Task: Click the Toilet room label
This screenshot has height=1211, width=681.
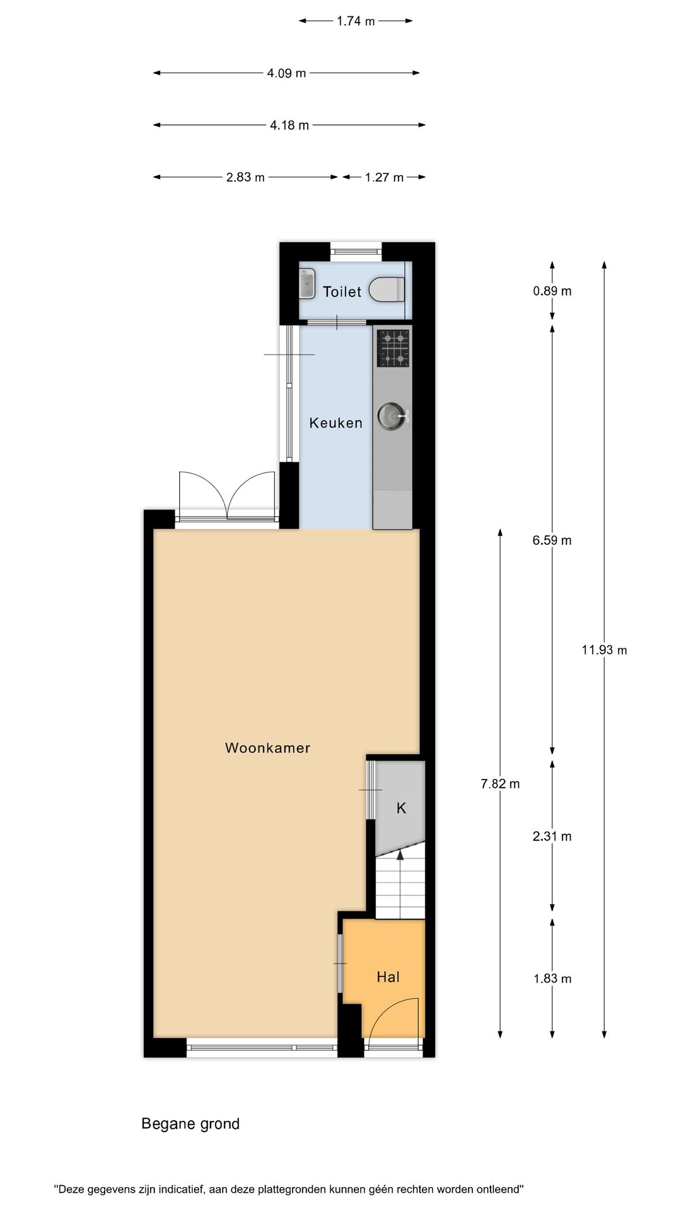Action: pos(342,291)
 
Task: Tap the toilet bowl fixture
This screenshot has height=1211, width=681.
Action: pos(387,290)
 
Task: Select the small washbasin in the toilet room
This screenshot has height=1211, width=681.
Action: pos(307,283)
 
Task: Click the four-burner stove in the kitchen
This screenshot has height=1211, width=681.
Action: pos(393,349)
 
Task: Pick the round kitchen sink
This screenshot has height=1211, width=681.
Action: pos(391,415)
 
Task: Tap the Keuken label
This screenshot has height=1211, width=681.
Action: pos(336,423)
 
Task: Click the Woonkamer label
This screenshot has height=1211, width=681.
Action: pos(268,747)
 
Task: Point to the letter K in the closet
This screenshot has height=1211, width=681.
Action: pos(401,808)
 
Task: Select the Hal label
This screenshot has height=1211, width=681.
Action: pos(388,977)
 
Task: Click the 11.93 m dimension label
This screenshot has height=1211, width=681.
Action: pos(604,650)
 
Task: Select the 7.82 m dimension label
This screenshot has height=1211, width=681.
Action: pos(500,784)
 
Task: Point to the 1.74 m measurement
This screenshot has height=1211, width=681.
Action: pos(356,21)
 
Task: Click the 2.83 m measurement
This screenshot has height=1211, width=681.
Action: pos(245,177)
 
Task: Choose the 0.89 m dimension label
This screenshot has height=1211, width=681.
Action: pos(552,291)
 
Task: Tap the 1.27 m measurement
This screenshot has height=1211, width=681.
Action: pos(384,177)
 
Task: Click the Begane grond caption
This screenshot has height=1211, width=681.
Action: pos(190,1123)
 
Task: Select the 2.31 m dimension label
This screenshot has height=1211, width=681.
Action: pos(552,836)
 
